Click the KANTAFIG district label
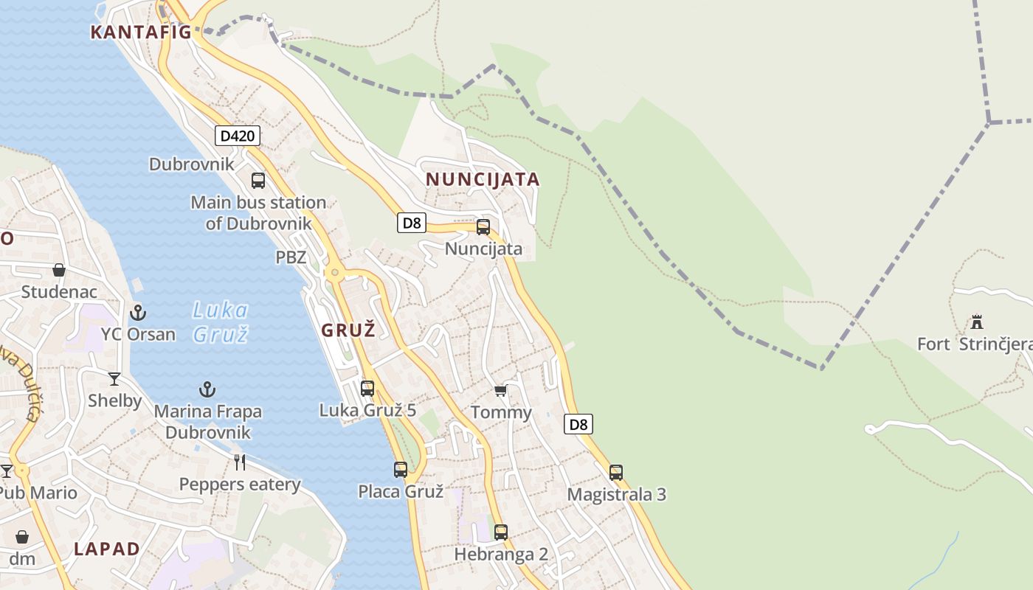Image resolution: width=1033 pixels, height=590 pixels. click(141, 32)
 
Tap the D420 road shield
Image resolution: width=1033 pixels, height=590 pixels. click(238, 136)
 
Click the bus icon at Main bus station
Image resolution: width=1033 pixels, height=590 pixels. click(258, 181)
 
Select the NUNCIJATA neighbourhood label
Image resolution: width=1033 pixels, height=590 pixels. click(483, 179)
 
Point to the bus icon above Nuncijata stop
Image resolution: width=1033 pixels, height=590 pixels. click(483, 227)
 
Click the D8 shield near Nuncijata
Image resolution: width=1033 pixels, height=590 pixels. click(412, 223)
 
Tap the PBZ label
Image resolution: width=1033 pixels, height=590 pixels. click(291, 257)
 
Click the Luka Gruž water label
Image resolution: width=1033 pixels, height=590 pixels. click(220, 322)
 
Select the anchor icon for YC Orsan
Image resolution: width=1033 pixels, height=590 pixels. click(138, 313)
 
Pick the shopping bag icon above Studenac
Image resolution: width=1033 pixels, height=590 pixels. click(59, 270)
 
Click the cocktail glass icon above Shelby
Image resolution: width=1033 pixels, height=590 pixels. click(114, 379)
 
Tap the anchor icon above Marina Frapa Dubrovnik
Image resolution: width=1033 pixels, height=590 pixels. click(207, 389)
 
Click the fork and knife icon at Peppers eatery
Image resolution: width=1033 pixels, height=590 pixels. click(240, 462)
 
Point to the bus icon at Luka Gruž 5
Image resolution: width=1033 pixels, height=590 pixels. click(367, 388)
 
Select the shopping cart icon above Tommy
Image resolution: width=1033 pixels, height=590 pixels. click(501, 390)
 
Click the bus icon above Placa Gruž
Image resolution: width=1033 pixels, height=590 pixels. click(401, 469)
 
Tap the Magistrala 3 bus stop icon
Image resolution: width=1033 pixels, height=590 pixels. click(616, 473)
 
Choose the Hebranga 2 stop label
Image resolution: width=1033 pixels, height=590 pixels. click(501, 554)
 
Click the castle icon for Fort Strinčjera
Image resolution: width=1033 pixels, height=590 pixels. click(977, 322)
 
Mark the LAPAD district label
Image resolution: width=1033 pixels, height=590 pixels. click(107, 549)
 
